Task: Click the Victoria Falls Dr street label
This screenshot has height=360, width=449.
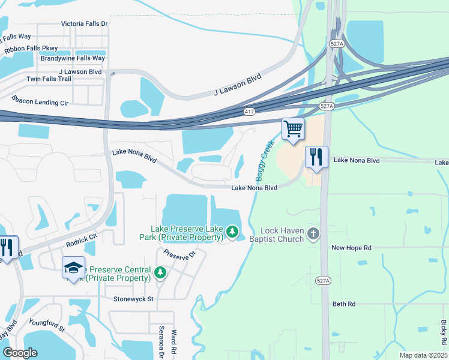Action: click(x=84, y=24)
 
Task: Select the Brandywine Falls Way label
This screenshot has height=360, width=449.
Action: click(x=73, y=58)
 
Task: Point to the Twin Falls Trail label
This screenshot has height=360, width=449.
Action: click(x=49, y=79)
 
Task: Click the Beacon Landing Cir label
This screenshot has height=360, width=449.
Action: click(x=40, y=103)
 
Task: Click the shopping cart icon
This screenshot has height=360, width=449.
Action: click(x=294, y=128)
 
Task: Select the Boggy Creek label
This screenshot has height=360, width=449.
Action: click(x=265, y=158)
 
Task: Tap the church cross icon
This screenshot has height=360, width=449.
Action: click(x=312, y=233)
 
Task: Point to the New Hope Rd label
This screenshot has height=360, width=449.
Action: click(x=352, y=248)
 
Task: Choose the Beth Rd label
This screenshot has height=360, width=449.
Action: click(x=344, y=304)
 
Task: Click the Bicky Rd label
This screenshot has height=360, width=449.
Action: click(x=443, y=332)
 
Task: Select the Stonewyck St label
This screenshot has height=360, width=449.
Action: click(x=134, y=299)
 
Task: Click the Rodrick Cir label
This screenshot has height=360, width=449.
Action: click(x=82, y=241)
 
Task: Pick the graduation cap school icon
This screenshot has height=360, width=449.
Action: click(x=73, y=268)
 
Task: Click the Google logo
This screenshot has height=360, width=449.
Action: click(x=20, y=353)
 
